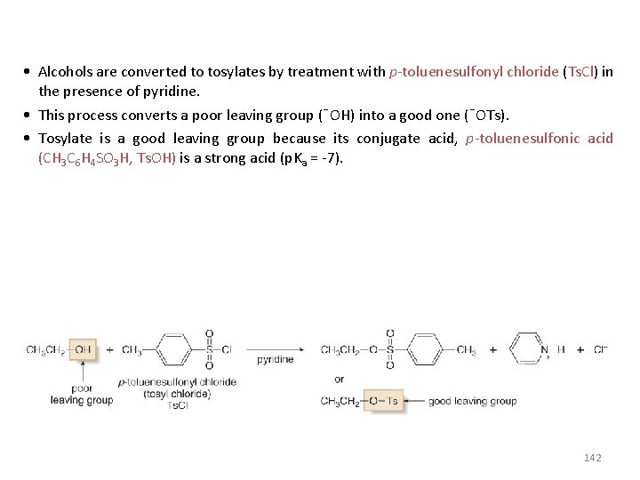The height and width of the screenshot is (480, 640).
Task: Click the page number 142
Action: tap(593, 458)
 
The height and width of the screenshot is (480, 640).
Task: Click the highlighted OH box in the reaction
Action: tap(84, 349)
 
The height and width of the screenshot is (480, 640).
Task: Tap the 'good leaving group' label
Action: tap(472, 401)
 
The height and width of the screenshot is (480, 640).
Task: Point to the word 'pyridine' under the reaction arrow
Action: tap(276, 360)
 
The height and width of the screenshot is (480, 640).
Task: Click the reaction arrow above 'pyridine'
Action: tap(276, 349)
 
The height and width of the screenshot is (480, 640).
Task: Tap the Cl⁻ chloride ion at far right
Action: tap(600, 349)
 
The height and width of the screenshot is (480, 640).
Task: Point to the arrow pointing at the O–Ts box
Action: tap(413, 401)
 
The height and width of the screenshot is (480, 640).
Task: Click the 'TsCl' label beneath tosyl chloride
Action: tap(177, 405)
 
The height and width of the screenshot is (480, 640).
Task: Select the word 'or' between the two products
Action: tap(340, 380)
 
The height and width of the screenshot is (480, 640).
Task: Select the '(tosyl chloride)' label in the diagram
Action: tap(177, 394)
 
